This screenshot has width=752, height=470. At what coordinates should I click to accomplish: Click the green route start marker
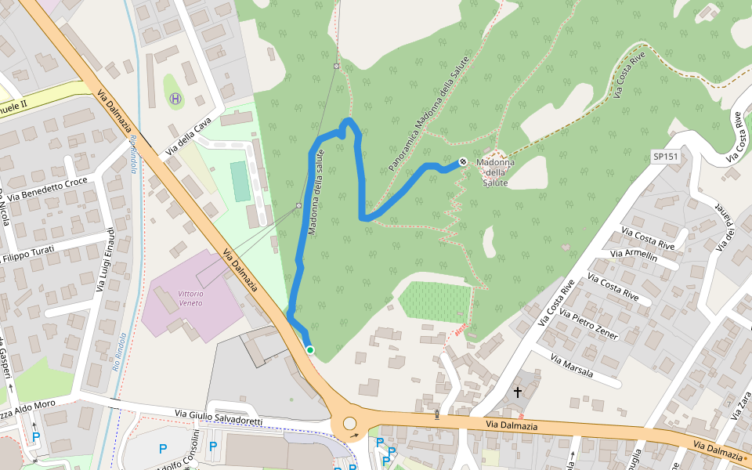(x=310, y=350)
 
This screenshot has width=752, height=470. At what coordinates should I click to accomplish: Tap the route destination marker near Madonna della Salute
(x=463, y=162)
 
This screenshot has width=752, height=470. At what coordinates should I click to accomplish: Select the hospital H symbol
(x=175, y=99)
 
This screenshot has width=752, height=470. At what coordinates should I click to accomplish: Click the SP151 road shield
(x=665, y=157)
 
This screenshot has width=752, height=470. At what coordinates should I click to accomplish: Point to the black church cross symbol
(x=518, y=391)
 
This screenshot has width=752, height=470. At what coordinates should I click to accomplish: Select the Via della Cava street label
(x=189, y=136)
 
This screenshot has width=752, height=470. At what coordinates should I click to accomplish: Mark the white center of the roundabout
(x=349, y=424)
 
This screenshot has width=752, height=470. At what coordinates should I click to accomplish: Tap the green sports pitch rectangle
(x=240, y=181)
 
